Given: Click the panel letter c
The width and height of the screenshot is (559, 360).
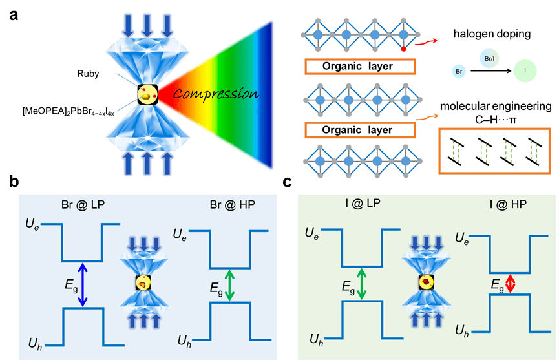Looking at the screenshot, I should [290, 183].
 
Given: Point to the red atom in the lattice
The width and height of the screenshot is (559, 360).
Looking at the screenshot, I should [404, 48].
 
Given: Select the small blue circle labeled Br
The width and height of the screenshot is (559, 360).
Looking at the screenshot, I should [456, 72].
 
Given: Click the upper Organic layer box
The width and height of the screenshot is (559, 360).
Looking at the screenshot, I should [357, 67].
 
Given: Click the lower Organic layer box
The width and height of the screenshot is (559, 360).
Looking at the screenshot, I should [357, 130].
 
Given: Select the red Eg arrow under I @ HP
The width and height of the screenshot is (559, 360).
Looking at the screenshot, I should [510, 284].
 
